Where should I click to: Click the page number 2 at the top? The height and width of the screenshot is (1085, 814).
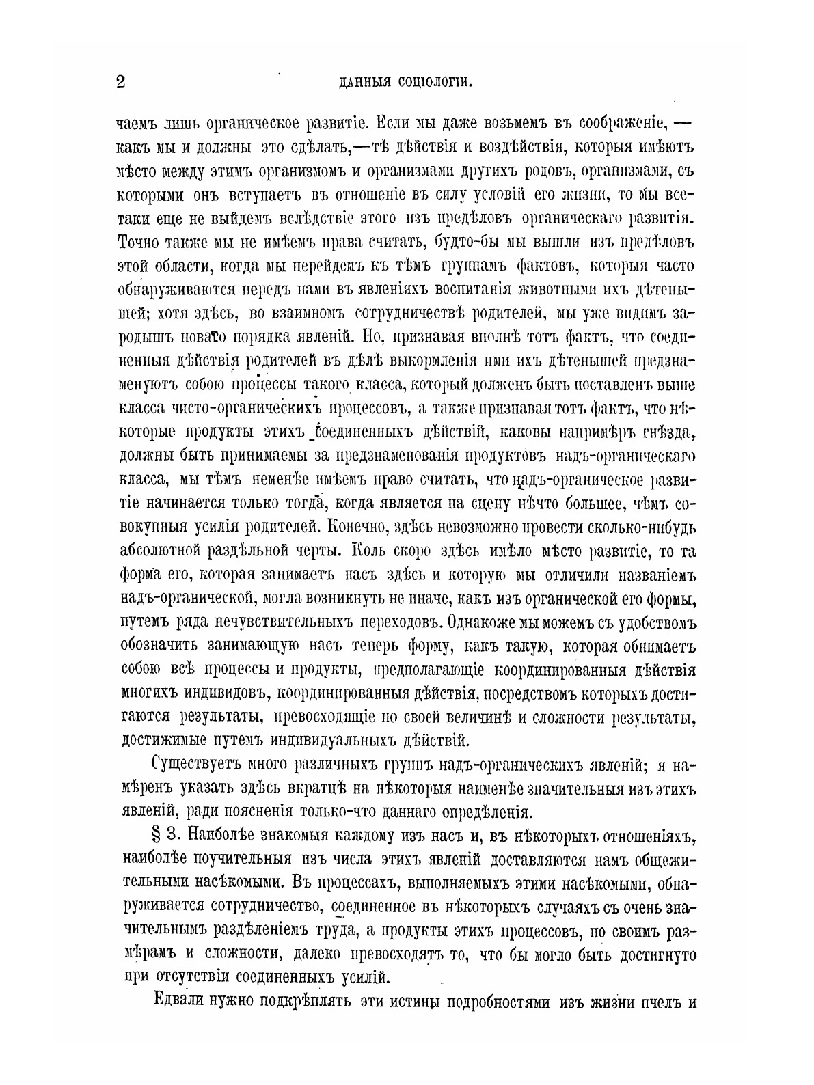[122, 82]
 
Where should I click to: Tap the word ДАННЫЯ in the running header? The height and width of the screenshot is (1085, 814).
[366, 83]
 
